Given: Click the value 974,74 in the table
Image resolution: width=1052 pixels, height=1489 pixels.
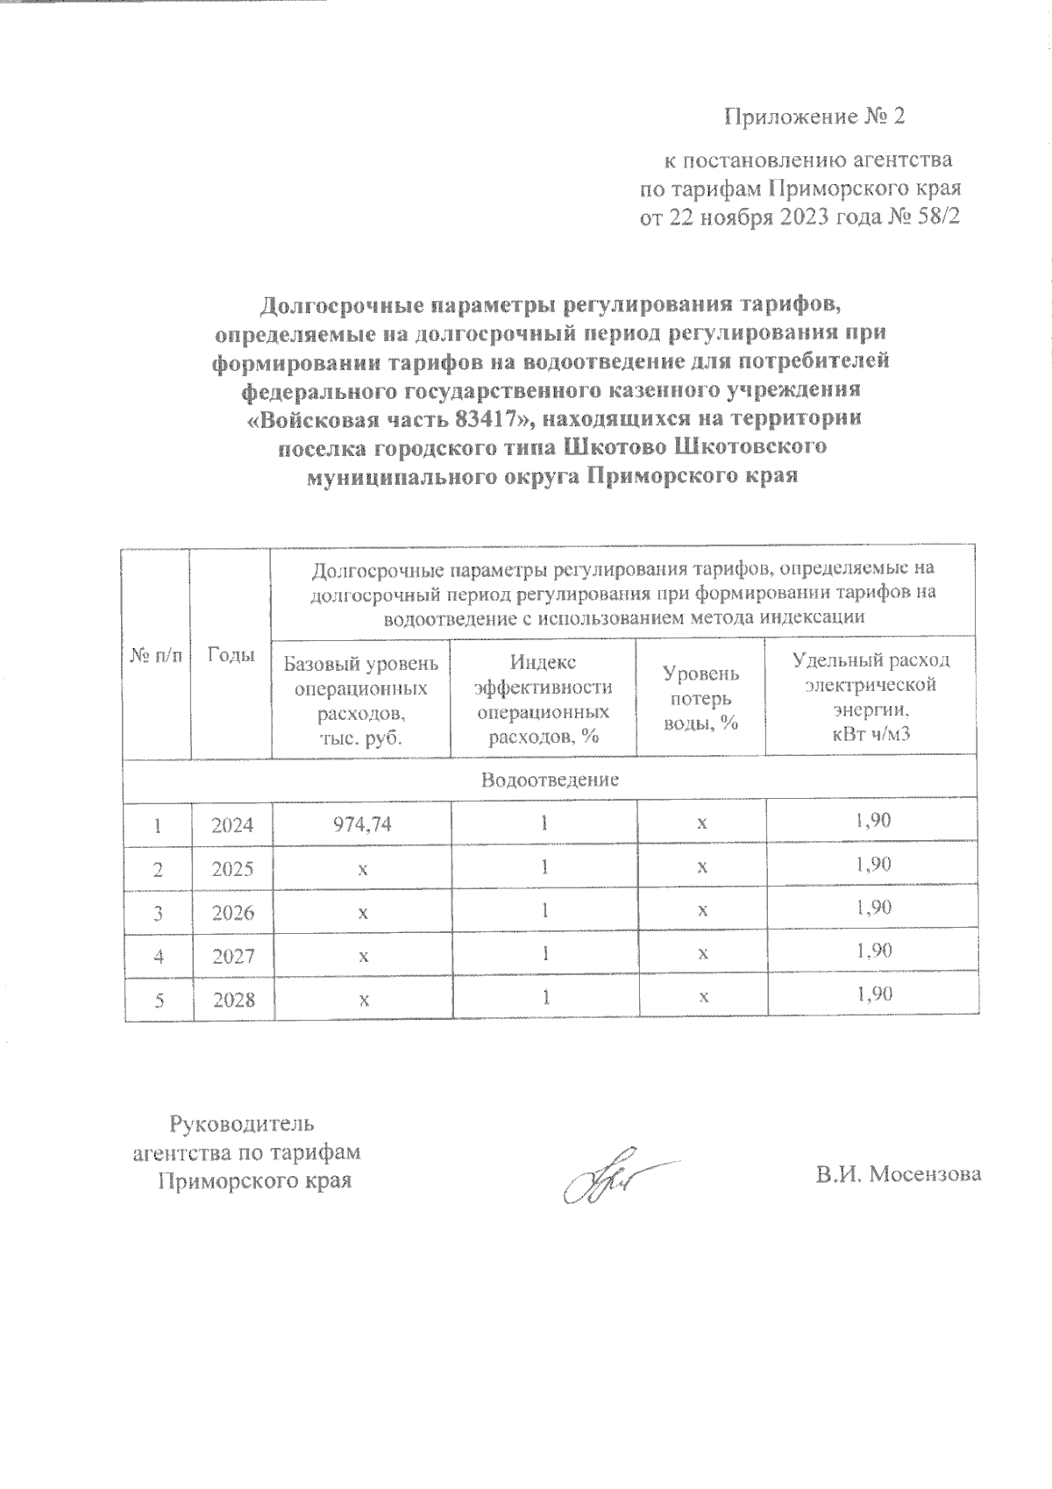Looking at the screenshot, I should point(360,824).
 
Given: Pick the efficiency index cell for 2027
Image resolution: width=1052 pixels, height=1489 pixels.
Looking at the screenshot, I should point(544,954).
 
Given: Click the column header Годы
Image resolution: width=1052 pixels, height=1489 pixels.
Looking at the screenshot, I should point(231,655).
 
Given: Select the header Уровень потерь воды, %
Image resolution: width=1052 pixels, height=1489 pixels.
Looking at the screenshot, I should point(701,698).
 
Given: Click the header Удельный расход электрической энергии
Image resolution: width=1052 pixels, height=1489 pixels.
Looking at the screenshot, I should point(871,696).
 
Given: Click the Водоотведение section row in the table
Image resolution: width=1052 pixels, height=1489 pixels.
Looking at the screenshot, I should point(550,779).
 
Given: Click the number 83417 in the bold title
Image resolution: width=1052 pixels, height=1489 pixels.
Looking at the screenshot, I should point(481,417).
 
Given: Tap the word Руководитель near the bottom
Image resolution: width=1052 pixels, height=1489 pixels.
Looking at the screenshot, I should point(241,1123).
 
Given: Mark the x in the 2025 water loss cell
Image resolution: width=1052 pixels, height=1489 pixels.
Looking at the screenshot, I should point(701,867).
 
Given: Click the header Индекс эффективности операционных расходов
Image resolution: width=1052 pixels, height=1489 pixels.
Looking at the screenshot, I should point(544,698).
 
